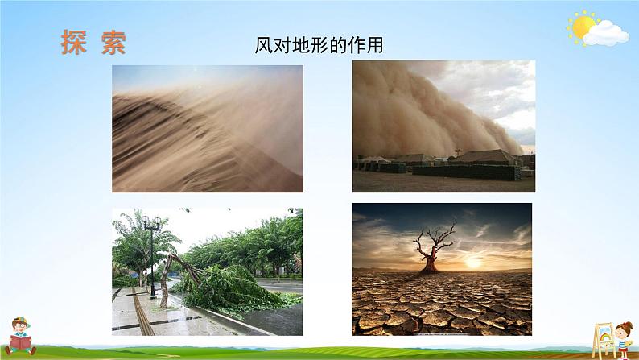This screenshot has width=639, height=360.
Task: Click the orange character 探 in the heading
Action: coord(74,42)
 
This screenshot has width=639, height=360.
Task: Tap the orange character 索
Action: coord(113,42)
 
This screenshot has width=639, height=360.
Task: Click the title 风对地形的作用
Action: coord(319,45)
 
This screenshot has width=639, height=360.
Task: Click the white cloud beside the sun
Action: coord(606,34)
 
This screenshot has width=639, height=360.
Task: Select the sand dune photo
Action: coord(208,128)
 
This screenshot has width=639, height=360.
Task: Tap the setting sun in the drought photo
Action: coord(472,263)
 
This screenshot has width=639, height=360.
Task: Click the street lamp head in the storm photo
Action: coord(151,223)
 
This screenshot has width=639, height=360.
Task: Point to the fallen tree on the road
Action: coord(229,285)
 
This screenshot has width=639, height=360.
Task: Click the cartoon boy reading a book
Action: coord(20,337)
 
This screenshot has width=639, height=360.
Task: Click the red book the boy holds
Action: coord(20,342)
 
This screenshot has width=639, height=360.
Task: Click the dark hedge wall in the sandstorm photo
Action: coord(467,172)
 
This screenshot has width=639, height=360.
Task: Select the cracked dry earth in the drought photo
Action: coord(442,303)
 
